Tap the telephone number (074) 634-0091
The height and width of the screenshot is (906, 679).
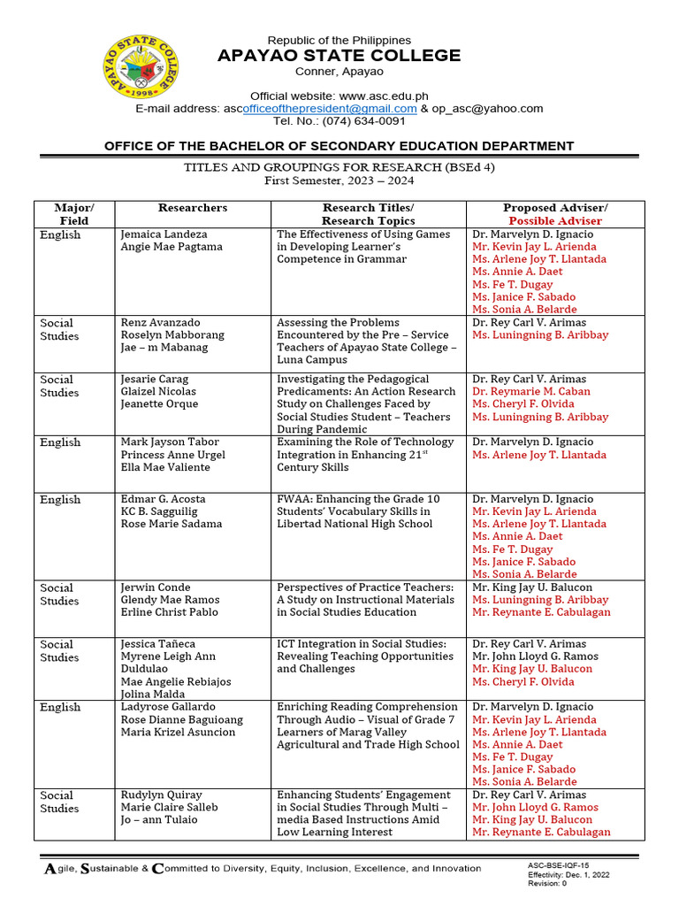click(x=352, y=121)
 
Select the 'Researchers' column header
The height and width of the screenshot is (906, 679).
click(x=193, y=208)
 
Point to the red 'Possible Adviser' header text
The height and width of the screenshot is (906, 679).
click(x=555, y=220)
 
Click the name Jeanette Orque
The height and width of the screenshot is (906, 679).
click(x=159, y=404)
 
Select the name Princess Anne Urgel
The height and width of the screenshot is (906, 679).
click(x=172, y=455)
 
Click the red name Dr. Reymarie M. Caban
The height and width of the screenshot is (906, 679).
click(x=530, y=391)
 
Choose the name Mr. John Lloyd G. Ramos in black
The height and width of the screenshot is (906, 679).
click(x=535, y=656)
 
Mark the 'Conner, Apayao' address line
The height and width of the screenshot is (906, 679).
click(x=339, y=71)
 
